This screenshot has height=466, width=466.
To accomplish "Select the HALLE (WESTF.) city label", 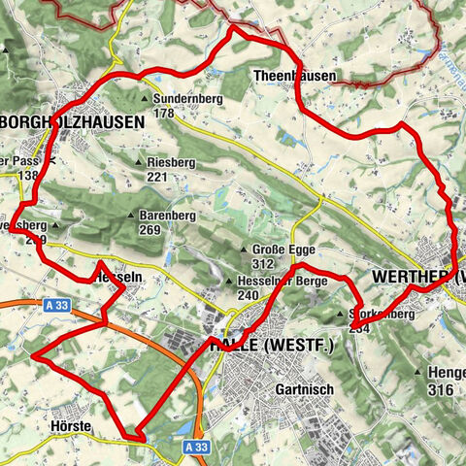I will (271, 346).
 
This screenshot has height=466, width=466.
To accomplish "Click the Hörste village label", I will (68, 426).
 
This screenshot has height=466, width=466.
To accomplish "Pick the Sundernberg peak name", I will (183, 98).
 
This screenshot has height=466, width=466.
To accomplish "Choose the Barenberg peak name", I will (162, 215).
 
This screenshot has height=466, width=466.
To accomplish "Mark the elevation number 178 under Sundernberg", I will (163, 113).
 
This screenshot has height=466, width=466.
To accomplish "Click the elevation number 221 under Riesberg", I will (157, 178).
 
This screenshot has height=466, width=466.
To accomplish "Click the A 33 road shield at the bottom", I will (195, 447).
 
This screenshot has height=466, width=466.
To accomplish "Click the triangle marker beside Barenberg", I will (131, 215).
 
